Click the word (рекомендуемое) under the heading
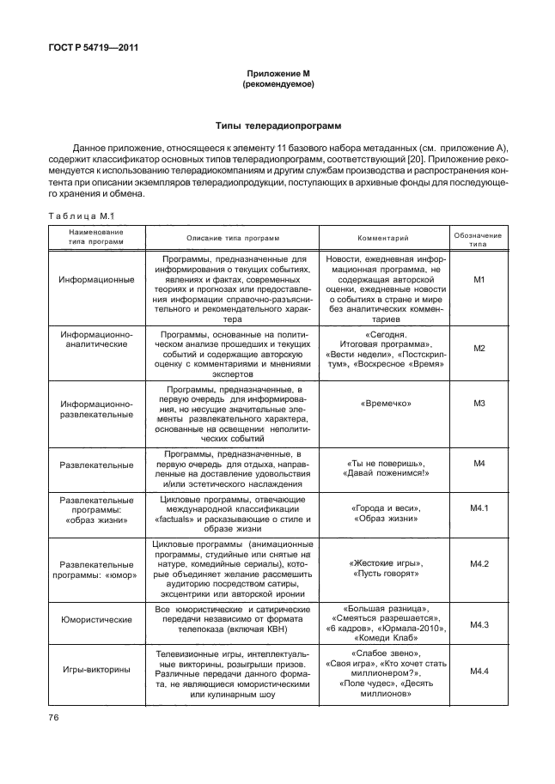click(277, 85)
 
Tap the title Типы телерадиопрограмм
click(277, 125)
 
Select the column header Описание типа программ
click(234, 238)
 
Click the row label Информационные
click(95, 280)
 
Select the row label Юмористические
click(95, 618)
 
